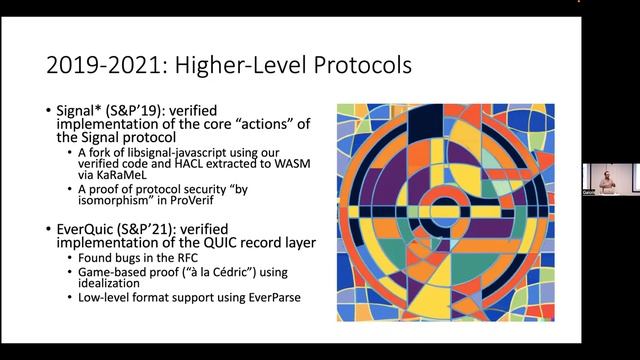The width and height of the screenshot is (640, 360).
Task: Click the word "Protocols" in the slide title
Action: click(x=353, y=67)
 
